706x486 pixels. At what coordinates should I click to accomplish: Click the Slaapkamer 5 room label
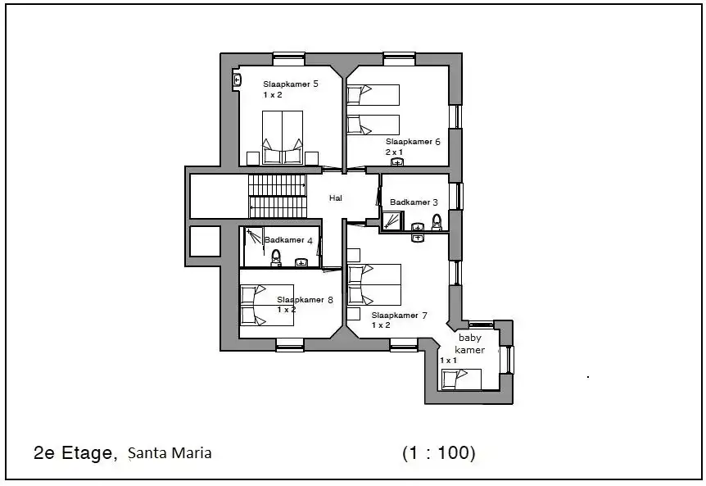pyautogui.click(x=291, y=84)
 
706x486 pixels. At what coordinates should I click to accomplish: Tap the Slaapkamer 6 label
pyautogui.click(x=413, y=142)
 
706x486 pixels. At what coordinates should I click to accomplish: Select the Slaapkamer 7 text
pyautogui.click(x=399, y=316)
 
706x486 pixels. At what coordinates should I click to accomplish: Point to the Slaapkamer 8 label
pyautogui.click(x=305, y=299)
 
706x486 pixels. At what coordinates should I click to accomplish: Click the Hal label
pyautogui.click(x=336, y=198)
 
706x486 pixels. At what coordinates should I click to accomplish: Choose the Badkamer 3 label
pyautogui.click(x=414, y=202)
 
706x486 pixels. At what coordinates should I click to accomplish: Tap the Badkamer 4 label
pyautogui.click(x=288, y=240)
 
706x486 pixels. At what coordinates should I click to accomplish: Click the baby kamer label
pyautogui.click(x=469, y=343)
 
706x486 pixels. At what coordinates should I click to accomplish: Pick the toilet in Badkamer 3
pyautogui.click(x=437, y=222)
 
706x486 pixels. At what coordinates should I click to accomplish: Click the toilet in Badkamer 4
pyautogui.click(x=276, y=257)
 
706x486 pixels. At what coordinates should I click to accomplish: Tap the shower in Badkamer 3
pyautogui.click(x=392, y=220)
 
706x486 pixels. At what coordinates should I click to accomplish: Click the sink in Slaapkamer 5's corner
pyautogui.click(x=238, y=80)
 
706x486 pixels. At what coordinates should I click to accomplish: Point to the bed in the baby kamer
pyautogui.click(x=461, y=379)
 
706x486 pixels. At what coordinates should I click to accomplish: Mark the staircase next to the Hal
pyautogui.click(x=278, y=197)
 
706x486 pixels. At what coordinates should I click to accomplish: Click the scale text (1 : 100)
pyautogui.click(x=439, y=452)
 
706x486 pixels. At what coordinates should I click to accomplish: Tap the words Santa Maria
pyautogui.click(x=170, y=452)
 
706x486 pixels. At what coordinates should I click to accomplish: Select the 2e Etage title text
pyautogui.click(x=75, y=452)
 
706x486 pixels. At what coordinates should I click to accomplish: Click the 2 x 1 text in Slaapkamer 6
pyautogui.click(x=394, y=152)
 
